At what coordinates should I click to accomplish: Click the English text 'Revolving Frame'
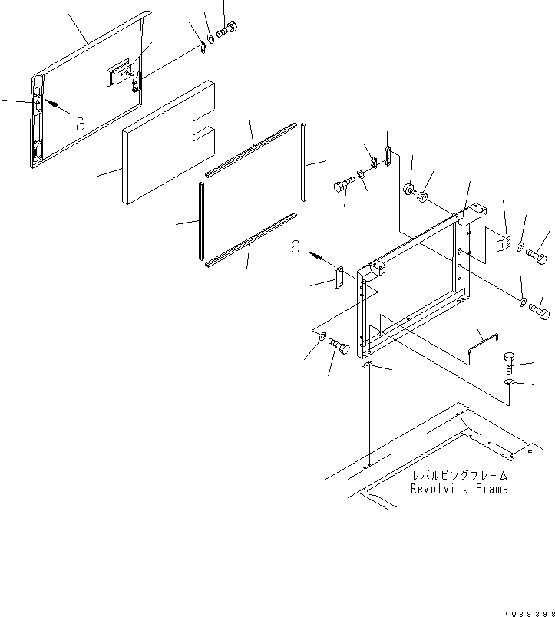458,489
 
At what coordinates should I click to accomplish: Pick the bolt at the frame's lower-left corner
339,351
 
